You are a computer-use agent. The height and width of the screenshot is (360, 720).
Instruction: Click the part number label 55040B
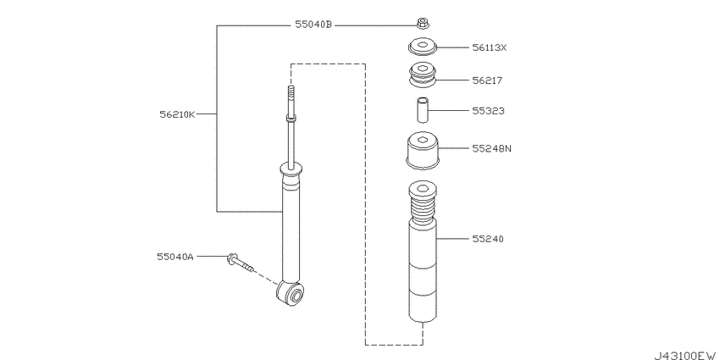(313, 26)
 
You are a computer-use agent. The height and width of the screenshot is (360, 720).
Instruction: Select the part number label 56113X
(490, 47)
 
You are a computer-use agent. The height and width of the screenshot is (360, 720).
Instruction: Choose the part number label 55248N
(492, 148)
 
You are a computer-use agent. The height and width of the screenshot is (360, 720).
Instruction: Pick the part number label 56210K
(177, 113)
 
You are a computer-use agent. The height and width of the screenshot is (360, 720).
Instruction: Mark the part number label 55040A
(174, 255)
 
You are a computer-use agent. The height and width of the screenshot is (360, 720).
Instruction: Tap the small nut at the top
(423, 21)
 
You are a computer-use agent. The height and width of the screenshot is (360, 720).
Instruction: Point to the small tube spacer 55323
(423, 111)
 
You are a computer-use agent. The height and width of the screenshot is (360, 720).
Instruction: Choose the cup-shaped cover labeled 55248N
(423, 152)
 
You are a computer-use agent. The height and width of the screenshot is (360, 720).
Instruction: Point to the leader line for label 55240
(453, 239)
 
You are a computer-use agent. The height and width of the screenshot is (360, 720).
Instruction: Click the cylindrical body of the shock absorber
(291, 229)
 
